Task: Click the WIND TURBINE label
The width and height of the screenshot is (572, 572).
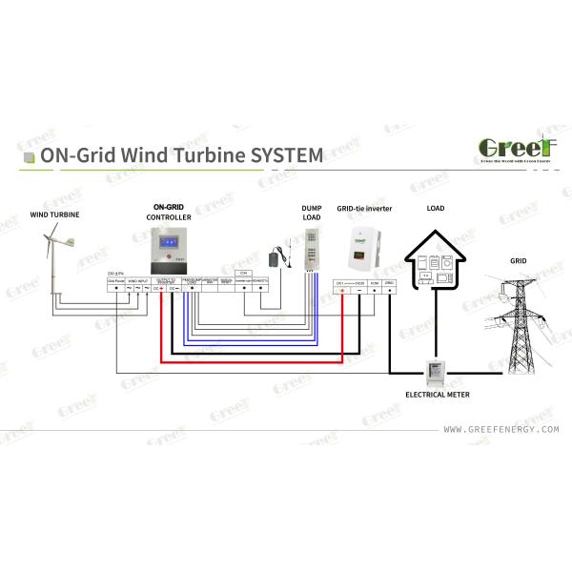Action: pos(53,214)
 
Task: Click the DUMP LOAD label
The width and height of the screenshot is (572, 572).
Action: pos(311,212)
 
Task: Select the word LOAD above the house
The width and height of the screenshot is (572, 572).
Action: pos(436,207)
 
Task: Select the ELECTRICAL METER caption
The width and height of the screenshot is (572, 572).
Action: pos(438,394)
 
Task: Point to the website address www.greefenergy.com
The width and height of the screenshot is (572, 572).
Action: pos(500,430)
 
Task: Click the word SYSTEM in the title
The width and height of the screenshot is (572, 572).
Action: pos(281,153)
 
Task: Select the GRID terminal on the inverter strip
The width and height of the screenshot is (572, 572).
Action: pos(390,283)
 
